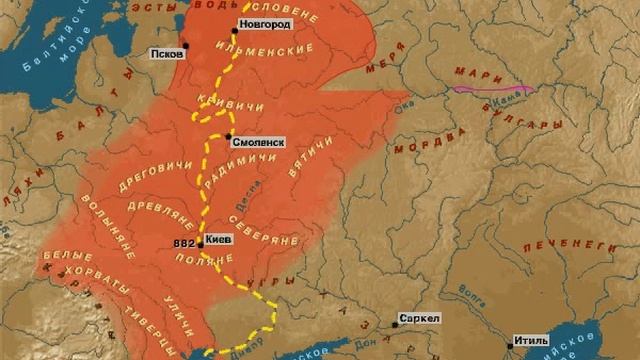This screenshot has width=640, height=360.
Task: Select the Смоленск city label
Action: click(259, 143)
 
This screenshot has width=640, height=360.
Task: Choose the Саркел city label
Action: click(418, 318)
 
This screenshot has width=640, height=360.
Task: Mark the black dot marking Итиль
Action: click(509, 346)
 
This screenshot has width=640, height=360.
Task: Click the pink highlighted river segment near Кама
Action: click(491, 89)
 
